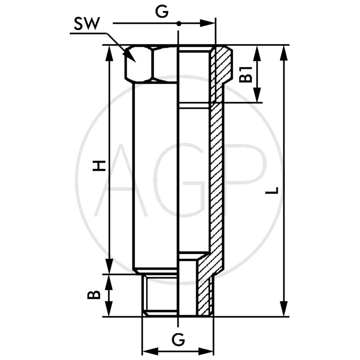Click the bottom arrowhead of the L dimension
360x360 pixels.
point(283,310)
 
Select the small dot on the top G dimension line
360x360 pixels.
point(179,23)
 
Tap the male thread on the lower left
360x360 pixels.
point(160,295)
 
